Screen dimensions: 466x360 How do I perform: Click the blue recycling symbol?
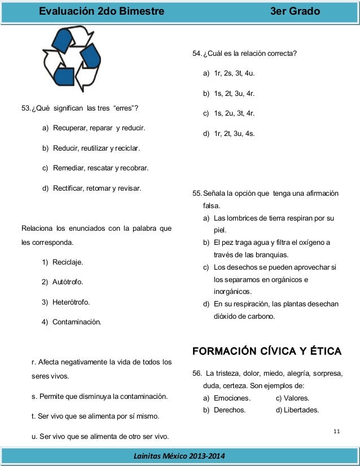[72, 59]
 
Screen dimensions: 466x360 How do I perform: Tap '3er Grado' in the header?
[295, 12]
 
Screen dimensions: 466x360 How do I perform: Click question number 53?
[26, 108]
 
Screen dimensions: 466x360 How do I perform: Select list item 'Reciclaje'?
[68, 262]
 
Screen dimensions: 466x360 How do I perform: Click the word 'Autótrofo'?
[68, 282]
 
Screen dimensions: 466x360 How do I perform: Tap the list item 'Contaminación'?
[77, 322]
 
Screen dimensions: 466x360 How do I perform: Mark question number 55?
[197, 194]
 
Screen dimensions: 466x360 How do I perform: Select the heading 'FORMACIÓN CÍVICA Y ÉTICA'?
[266, 351]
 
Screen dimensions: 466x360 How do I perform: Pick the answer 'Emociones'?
[232, 398]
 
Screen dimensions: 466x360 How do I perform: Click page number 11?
[336, 432]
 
